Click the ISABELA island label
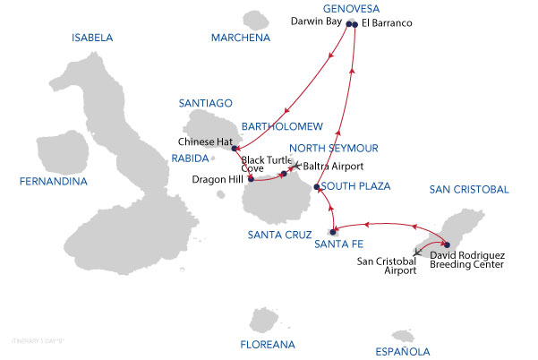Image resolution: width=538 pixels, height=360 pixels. [x=96, y=38]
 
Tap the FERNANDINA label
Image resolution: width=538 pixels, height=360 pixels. [x=53, y=182]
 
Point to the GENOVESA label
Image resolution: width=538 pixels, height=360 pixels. [x=351, y=8]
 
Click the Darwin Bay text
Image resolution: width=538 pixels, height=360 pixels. [x=316, y=22]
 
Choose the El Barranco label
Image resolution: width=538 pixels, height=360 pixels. [x=388, y=22]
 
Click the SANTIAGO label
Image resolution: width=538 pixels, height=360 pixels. [x=206, y=103]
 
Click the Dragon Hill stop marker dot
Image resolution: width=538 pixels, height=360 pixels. [x=251, y=178]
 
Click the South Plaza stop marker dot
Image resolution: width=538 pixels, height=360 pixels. [x=317, y=187]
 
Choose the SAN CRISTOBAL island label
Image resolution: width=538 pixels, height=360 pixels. [x=469, y=189]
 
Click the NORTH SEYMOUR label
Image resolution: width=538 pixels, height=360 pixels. [x=335, y=148]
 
